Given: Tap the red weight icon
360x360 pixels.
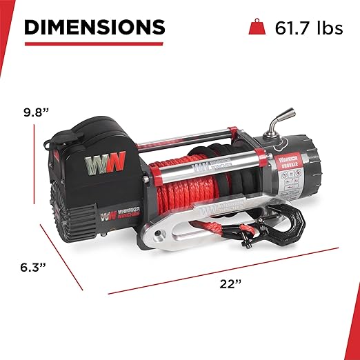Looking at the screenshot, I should [255, 28].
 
